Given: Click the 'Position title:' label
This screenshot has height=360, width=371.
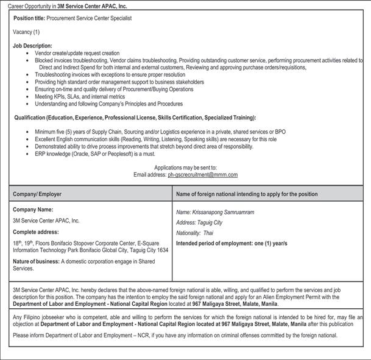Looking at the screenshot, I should (x=29, y=19).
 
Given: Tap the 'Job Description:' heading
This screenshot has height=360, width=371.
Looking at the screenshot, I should (x=32, y=46).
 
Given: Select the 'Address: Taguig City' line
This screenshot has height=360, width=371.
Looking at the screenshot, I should (x=199, y=223).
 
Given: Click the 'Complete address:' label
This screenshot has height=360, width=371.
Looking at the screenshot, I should (x=36, y=232).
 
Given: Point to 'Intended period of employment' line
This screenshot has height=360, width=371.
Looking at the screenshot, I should (x=231, y=244).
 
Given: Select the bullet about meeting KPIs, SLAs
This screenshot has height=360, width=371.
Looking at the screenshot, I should (x=80, y=96).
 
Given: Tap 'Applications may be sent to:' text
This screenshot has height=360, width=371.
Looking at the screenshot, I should (x=185, y=168).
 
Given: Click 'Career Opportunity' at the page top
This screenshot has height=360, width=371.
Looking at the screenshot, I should (x=29, y=6).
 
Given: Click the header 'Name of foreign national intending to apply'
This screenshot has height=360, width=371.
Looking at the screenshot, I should (x=247, y=194).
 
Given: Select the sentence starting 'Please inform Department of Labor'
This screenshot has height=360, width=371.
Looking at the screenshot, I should (x=175, y=335).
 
